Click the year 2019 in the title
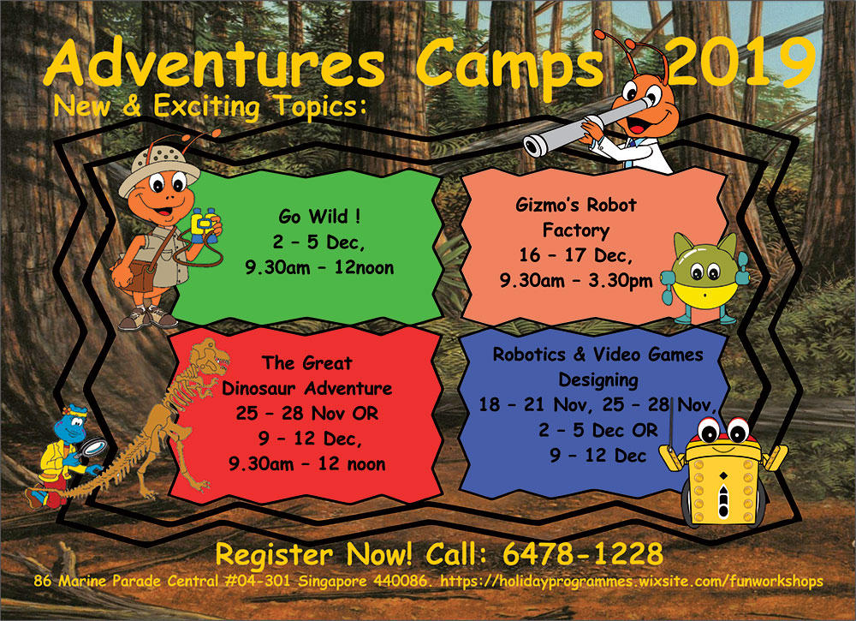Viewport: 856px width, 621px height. [740, 62]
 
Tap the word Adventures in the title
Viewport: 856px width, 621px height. [213, 63]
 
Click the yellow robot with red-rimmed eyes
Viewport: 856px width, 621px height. [722, 471]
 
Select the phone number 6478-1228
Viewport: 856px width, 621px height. [582, 554]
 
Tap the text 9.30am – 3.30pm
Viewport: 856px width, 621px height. [576, 281]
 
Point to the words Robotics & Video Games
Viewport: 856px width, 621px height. [597, 355]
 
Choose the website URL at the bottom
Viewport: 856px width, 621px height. [632, 582]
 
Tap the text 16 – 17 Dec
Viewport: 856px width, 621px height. [575, 255]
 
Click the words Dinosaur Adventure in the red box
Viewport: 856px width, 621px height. [306, 388]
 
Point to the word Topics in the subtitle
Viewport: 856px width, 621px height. [320, 106]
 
